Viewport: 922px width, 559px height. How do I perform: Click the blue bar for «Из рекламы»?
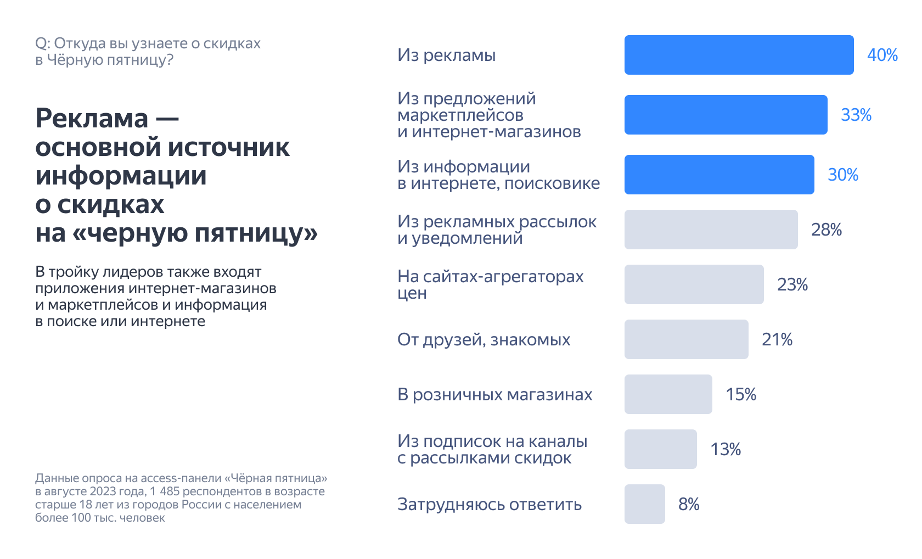[x=739, y=55]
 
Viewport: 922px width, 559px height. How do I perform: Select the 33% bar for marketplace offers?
[x=726, y=115]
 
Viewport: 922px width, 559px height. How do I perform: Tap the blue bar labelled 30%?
[x=719, y=175]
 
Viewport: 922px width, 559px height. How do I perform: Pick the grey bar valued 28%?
[x=711, y=230]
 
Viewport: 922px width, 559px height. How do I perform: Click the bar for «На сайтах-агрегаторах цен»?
[x=694, y=284]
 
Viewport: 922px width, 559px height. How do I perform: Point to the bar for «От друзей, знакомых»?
[x=686, y=339]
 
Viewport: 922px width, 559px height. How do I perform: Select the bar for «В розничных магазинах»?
[x=668, y=394]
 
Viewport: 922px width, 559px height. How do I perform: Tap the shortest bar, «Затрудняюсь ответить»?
[x=644, y=504]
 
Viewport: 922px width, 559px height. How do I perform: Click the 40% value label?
[x=882, y=55]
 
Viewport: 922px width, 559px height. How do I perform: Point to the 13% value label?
[x=726, y=449]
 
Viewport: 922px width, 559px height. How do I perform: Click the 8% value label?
[x=689, y=504]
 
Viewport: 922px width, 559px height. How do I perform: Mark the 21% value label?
[x=777, y=339]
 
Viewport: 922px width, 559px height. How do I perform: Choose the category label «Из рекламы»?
[x=446, y=55]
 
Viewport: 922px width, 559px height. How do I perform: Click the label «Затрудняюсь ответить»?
[x=489, y=504]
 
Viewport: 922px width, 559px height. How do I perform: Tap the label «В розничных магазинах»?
[x=494, y=394]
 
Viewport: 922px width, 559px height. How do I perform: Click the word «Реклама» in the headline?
[x=92, y=118]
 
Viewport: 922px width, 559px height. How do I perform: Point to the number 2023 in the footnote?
[x=103, y=491]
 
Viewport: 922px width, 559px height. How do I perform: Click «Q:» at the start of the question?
[x=42, y=43]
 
